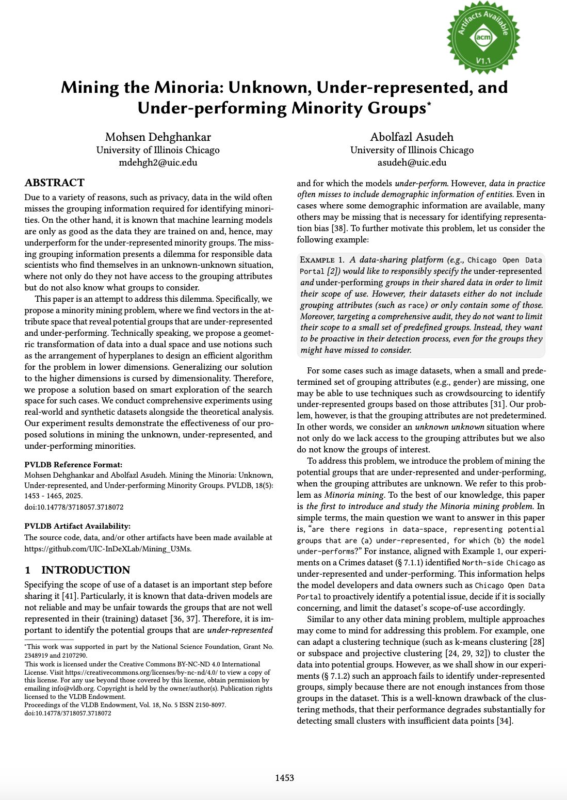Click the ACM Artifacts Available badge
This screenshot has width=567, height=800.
tap(483, 37)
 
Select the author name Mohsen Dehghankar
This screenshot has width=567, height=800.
tap(158, 137)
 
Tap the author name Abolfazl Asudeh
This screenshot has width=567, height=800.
tap(412, 137)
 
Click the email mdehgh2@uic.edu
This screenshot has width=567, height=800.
tap(158, 162)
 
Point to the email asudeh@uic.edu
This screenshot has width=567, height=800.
tap(412, 162)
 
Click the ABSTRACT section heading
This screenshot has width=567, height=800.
tap(55, 183)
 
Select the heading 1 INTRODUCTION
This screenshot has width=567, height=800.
tap(77, 570)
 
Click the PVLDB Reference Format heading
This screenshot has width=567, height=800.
tap(73, 464)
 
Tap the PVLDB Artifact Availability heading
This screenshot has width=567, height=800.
tap(77, 526)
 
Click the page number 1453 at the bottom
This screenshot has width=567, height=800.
tap(284, 778)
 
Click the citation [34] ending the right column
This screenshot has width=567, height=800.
tap(504, 721)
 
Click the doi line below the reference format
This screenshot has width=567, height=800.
tap(74, 507)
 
